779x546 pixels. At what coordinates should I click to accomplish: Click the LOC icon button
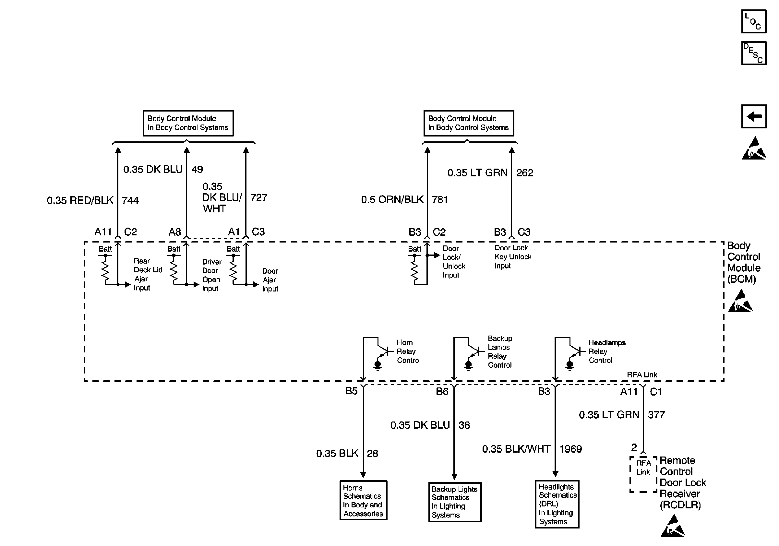(754, 21)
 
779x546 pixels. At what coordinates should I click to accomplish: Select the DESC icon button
(754, 53)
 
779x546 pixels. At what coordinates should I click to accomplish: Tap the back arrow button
(754, 116)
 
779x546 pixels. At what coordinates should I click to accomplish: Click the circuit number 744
(130, 200)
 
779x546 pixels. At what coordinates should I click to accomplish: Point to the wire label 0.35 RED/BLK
(80, 200)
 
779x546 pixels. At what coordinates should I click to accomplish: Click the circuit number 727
(258, 198)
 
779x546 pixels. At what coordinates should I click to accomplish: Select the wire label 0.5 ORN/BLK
(392, 200)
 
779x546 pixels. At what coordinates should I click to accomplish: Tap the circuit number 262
(524, 173)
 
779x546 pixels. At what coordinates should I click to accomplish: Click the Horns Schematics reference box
(363, 500)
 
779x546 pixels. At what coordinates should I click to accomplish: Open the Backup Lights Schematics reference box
(455, 502)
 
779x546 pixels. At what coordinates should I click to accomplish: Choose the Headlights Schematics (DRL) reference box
(557, 504)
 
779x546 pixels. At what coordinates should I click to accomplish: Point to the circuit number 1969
(570, 449)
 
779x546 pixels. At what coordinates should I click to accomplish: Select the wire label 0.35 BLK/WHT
(516, 449)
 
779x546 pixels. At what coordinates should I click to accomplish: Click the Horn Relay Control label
(409, 351)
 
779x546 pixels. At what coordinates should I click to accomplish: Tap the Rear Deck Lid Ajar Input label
(148, 274)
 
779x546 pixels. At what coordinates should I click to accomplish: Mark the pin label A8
(175, 232)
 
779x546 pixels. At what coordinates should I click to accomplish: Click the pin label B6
(442, 392)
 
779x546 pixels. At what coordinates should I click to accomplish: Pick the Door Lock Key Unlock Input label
(513, 257)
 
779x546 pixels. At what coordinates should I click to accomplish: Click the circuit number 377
(656, 415)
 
